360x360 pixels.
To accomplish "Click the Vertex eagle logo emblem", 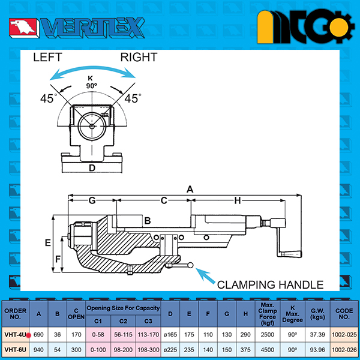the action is click(x=23, y=28).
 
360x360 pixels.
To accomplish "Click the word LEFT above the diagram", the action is click(x=47, y=57).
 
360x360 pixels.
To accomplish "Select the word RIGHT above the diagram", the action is click(x=139, y=57).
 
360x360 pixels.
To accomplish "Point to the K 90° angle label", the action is click(x=91, y=82).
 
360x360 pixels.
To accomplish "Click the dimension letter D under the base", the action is click(x=92, y=168).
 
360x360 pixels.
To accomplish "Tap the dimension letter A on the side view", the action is click(x=190, y=190).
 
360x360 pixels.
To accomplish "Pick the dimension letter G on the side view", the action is click(x=92, y=200).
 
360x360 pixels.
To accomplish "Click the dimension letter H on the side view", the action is click(x=238, y=201).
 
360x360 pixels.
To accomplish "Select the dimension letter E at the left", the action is click(x=48, y=242).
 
